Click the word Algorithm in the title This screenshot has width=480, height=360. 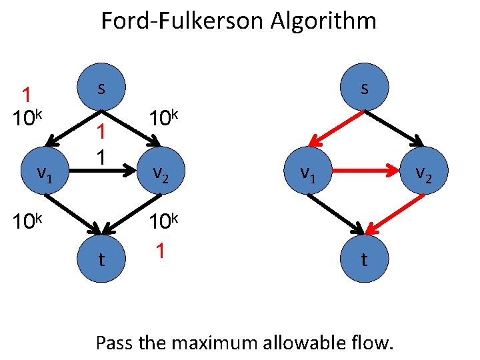point(324,21)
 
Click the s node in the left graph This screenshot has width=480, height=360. point(101,88)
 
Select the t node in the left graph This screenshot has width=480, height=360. point(101,258)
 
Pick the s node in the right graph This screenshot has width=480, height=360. point(364,88)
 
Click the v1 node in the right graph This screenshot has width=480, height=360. point(307,174)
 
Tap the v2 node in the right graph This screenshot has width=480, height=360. point(422,173)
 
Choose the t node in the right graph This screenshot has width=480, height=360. point(364,258)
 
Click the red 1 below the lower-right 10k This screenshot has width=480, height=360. point(159,251)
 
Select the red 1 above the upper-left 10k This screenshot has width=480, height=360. point(27,95)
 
